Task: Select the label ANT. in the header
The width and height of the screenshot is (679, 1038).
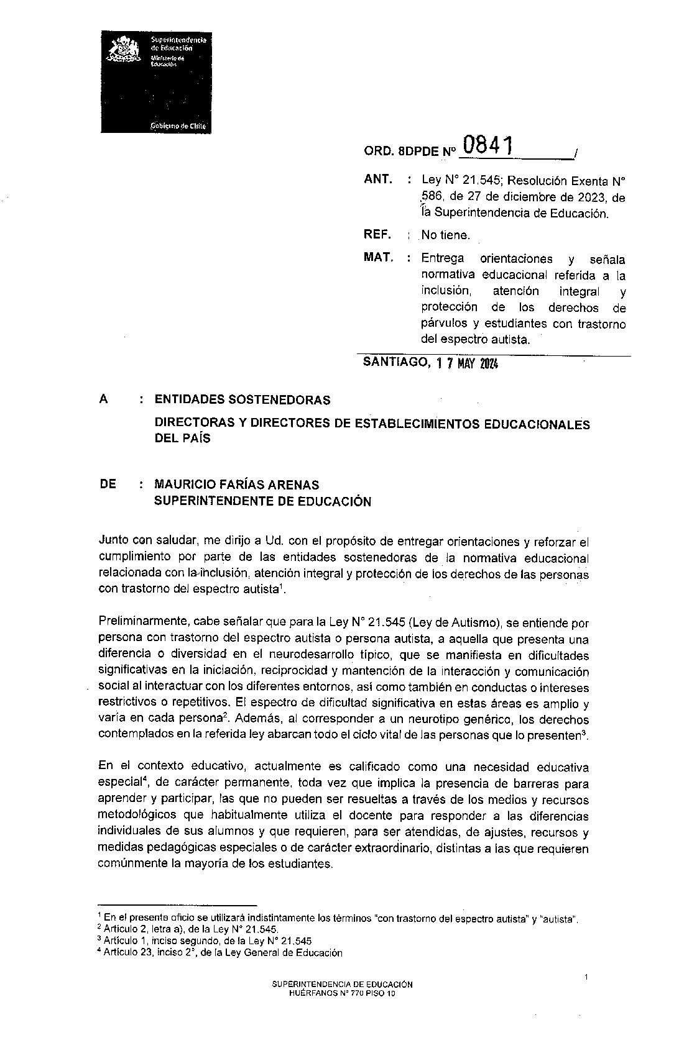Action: pyautogui.click(x=378, y=180)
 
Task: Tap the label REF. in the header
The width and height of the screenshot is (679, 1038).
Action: pyautogui.click(x=378, y=235)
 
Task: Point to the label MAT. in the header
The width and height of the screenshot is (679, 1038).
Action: pyautogui.click(x=379, y=258)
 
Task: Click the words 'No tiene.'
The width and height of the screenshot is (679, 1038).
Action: pyautogui.click(x=446, y=235)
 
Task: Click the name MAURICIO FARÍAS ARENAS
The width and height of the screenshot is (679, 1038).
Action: pyautogui.click(x=237, y=485)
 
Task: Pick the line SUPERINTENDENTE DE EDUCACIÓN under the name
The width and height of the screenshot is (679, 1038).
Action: pyautogui.click(x=262, y=501)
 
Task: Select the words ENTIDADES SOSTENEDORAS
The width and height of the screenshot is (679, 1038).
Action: pyautogui.click(x=242, y=400)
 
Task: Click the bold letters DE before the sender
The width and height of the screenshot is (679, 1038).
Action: pyautogui.click(x=108, y=485)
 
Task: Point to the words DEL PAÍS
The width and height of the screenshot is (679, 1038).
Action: pyautogui.click(x=183, y=439)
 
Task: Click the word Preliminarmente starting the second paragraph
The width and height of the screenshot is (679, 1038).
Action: pyautogui.click(x=144, y=623)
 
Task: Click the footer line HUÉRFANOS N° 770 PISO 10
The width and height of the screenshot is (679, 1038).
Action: pyautogui.click(x=342, y=994)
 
